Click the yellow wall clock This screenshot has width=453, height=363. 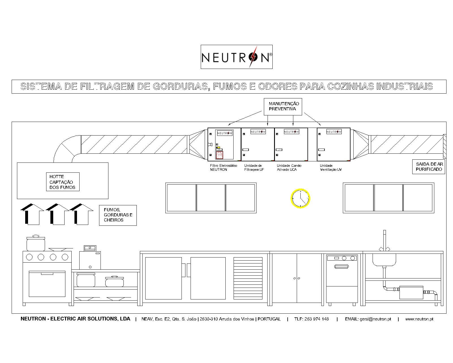pos(300,199)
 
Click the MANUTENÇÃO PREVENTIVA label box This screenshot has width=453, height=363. pos(283,107)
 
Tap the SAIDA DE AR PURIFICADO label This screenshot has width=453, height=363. pos(429,167)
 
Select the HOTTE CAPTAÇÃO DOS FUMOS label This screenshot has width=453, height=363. pos(63,182)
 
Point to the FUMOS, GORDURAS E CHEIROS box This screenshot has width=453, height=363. pos(118,215)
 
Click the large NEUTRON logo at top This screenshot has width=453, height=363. pos(237,57)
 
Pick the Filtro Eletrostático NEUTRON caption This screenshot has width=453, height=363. pos(224,168)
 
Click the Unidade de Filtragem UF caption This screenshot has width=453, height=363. pos(254,168)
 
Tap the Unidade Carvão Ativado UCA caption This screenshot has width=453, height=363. pos(289,168)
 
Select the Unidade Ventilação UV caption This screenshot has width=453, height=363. pos(331,168)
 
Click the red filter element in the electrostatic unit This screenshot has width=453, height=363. pos(219,155)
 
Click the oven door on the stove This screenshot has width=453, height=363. pos(47,284)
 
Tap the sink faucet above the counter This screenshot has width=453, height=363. pos(384,241)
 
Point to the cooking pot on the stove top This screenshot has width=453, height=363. pos(36,243)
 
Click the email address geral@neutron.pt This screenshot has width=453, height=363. pos(375,319)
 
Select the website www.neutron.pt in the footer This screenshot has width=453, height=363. pos(419,319)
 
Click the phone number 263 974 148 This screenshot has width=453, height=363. pos(317,319)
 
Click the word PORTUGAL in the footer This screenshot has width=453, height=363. pos(269,319)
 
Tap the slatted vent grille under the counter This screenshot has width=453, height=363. pos(248,278)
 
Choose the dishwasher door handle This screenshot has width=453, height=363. pos(341,267)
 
